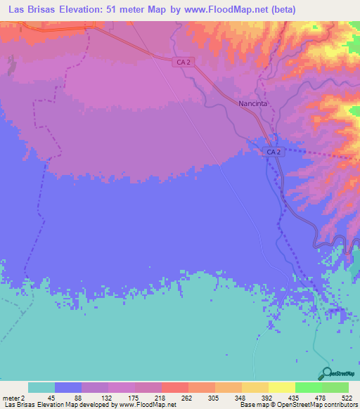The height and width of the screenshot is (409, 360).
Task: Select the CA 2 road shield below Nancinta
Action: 274,152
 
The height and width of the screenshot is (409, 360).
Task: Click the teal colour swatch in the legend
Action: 41,388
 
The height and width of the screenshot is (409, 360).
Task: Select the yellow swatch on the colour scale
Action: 255,388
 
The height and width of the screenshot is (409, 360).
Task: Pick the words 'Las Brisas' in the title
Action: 31,9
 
